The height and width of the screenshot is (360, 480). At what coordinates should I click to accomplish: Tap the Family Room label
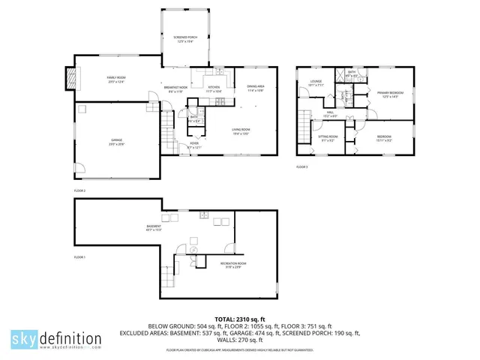[x=115, y=78]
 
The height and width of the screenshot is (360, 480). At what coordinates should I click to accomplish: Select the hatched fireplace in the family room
[x=72, y=78]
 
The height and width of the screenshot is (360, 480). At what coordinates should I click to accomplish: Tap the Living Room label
[x=240, y=131]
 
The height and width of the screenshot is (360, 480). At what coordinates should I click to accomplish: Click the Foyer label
[x=193, y=145]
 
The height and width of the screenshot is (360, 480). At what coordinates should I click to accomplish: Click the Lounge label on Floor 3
[x=315, y=83]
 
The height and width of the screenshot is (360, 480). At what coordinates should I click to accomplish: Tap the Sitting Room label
[x=328, y=137]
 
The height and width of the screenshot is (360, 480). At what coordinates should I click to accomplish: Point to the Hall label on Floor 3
[x=330, y=114]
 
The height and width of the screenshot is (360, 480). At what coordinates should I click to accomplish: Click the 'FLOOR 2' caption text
[x=79, y=191]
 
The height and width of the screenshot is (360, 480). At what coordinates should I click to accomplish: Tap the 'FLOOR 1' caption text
[x=79, y=257]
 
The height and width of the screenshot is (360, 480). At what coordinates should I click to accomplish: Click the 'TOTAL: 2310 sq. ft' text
[x=239, y=318]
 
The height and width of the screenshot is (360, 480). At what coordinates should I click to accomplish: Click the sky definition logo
[x=56, y=340]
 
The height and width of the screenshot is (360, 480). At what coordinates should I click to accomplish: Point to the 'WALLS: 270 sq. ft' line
[x=239, y=339]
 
